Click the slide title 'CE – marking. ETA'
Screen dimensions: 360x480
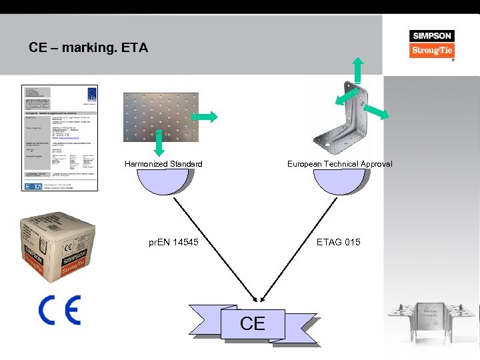[88, 48]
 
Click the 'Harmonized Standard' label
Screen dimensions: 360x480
[163, 164]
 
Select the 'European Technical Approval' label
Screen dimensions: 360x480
[339, 164]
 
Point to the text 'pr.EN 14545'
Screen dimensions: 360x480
[173, 242]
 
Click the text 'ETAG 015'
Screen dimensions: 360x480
[338, 242]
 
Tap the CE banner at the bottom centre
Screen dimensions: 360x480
[253, 324]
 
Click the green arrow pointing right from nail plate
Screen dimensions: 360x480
[208, 117]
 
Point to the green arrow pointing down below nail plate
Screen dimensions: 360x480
[159, 143]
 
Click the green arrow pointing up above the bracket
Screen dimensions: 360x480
[358, 69]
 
